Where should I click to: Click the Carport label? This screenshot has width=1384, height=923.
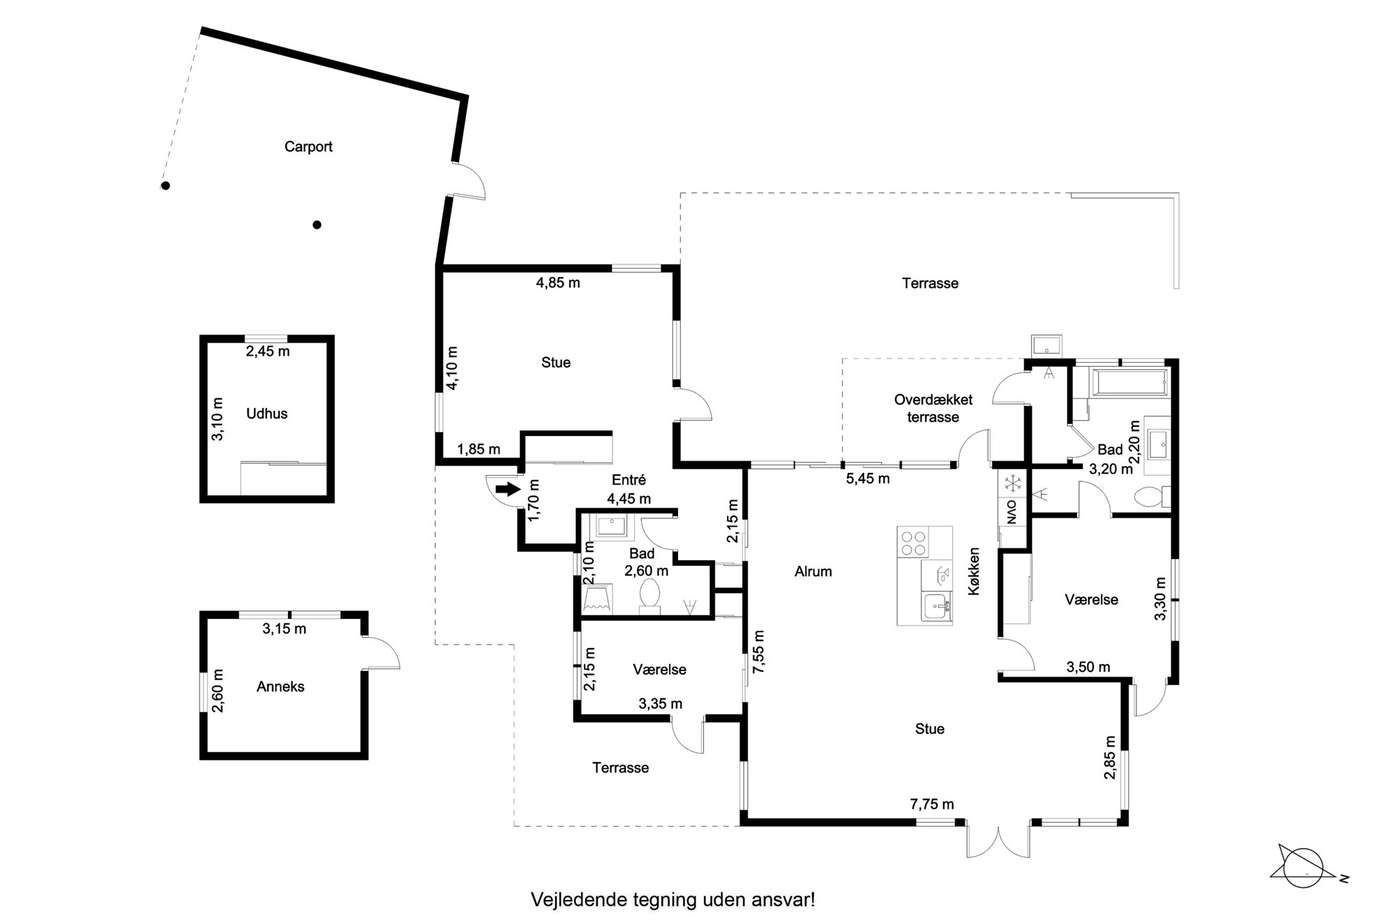(308, 147)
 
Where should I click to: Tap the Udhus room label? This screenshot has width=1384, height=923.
(266, 414)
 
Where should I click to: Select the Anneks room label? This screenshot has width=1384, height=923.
(280, 686)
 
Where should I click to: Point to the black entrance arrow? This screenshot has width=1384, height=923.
(508, 489)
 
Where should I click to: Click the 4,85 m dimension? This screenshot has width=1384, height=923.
(558, 283)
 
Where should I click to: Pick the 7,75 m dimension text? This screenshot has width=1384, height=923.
(932, 804)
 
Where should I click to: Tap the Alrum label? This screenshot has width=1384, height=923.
(813, 571)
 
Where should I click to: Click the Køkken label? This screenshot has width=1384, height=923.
(975, 571)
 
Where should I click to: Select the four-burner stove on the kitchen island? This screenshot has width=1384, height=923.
(913, 543)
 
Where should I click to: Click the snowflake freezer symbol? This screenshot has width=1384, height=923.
(1011, 483)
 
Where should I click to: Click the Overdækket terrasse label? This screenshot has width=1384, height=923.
(933, 408)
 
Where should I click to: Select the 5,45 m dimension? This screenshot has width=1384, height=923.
(868, 479)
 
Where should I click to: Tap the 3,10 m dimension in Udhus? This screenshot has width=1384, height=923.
(218, 419)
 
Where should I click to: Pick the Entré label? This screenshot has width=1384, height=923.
(629, 480)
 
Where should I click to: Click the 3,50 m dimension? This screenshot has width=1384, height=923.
(1088, 667)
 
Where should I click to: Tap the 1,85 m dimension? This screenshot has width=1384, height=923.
(479, 449)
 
